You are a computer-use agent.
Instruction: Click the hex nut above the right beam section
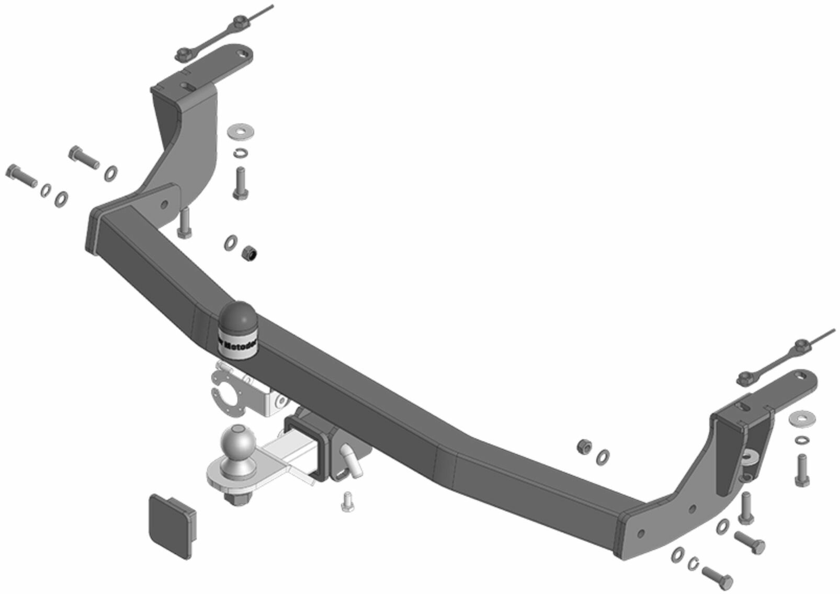point(584,446)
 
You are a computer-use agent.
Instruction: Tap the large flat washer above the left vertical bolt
point(240,131)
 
